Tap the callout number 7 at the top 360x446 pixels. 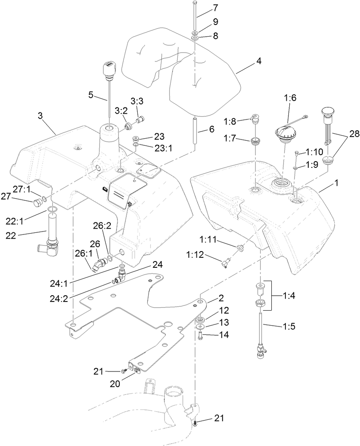[x=215, y=8]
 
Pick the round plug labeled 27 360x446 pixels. [x=37, y=203]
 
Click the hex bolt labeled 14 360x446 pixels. [x=200, y=336]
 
